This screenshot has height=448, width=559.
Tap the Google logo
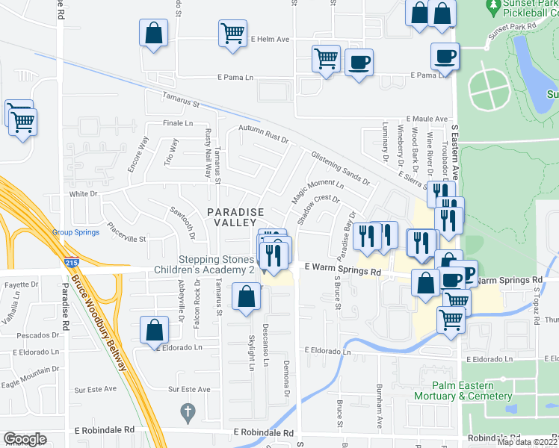[x=25, y=439]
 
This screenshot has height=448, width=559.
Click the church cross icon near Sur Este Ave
[x=188, y=411]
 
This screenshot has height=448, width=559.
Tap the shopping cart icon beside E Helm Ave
[x=232, y=33]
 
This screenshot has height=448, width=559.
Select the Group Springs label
[x=75, y=232]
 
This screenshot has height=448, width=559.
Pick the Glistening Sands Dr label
[x=340, y=169]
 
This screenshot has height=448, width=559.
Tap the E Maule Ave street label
[x=427, y=119]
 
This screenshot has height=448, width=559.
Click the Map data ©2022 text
[x=526, y=442]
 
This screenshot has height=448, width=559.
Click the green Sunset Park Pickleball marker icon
[x=493, y=8]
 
